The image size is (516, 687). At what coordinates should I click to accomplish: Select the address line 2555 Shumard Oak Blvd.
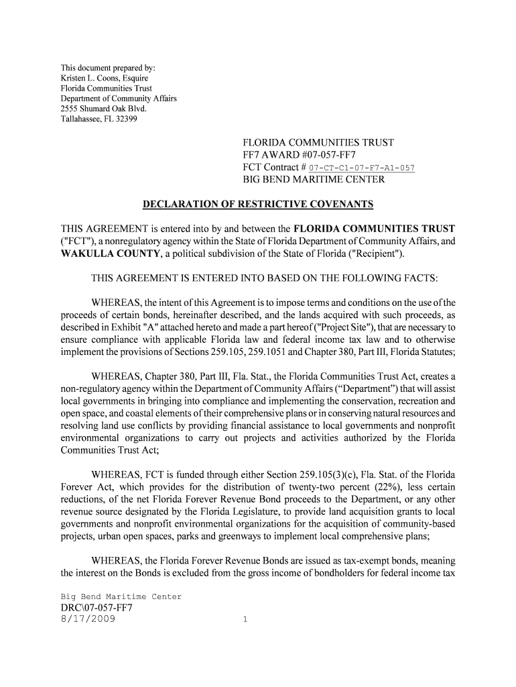coord(103,109)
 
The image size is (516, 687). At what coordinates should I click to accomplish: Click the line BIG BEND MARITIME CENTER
coord(313,180)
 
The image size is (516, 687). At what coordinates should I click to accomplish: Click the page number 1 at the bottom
coord(245,621)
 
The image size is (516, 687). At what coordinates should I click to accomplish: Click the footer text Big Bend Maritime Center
coord(121,596)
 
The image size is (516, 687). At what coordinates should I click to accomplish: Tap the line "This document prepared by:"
coord(108,68)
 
